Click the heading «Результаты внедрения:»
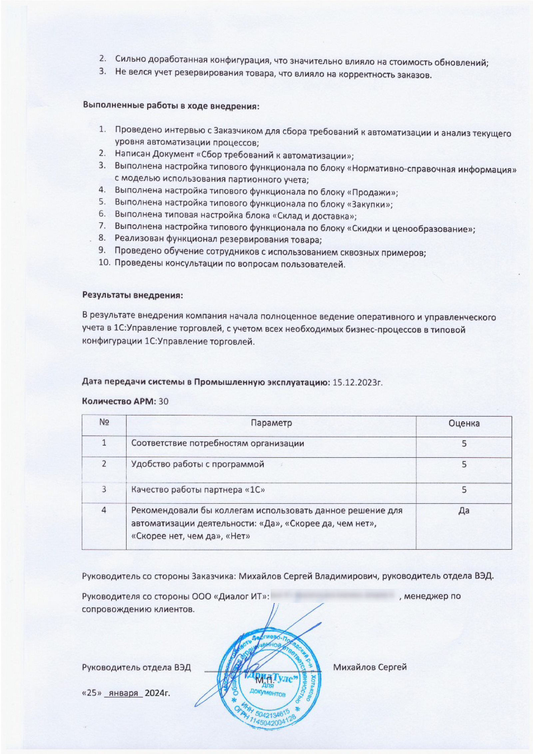(x=132, y=295)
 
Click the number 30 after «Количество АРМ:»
(x=164, y=401)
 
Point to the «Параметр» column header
(x=271, y=423)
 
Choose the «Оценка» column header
(x=464, y=423)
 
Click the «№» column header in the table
(x=104, y=422)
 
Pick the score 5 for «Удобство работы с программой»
(x=464, y=464)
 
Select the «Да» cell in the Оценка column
(x=464, y=511)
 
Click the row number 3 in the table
(x=104, y=490)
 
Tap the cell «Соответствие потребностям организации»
(x=218, y=443)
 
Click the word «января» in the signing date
(x=124, y=693)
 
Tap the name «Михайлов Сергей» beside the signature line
(x=370, y=667)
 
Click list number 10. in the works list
(x=104, y=263)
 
